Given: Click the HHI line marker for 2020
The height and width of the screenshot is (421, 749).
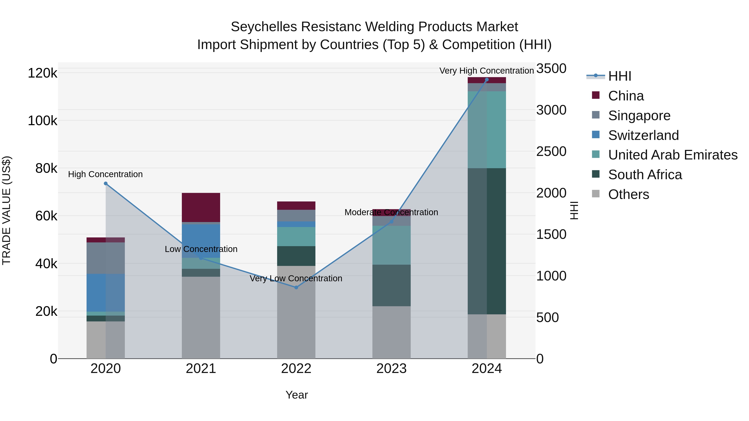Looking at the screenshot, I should click(105, 183).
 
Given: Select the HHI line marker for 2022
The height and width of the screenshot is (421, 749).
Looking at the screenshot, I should click(296, 287).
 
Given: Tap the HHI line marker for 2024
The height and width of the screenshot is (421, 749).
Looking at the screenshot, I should click(487, 80).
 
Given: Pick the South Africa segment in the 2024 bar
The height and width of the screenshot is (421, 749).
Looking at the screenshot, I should click(487, 241).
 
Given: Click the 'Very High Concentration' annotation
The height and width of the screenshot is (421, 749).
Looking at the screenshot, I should click(486, 71).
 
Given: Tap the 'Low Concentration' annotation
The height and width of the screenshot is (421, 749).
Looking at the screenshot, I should click(201, 249).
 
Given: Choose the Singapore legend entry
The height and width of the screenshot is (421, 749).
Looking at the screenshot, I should click(639, 115).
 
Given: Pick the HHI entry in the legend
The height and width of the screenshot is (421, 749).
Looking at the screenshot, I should click(619, 76).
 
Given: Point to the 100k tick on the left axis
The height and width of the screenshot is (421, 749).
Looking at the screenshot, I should click(42, 121).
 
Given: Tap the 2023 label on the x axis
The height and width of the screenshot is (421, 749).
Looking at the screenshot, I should click(391, 368).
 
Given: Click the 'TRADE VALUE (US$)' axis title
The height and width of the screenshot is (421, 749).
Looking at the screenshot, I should click(6, 210).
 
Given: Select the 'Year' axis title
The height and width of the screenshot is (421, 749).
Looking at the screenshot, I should click(296, 395).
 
